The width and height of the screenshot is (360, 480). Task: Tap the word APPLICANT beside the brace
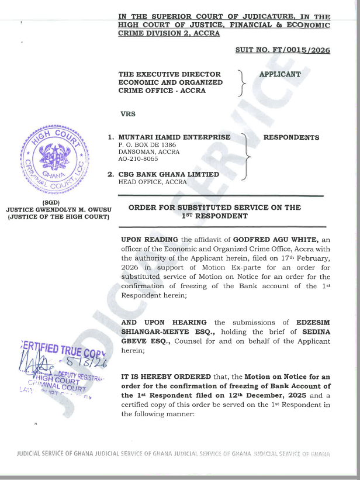click(279, 75)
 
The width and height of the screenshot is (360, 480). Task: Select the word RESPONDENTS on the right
click(292, 138)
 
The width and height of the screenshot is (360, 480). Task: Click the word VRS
click(127, 114)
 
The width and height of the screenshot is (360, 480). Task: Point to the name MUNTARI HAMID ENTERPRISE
click(174, 138)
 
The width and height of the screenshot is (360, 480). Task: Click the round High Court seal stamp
click(56, 158)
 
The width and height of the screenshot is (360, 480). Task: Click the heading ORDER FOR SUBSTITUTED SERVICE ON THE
click(214, 208)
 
